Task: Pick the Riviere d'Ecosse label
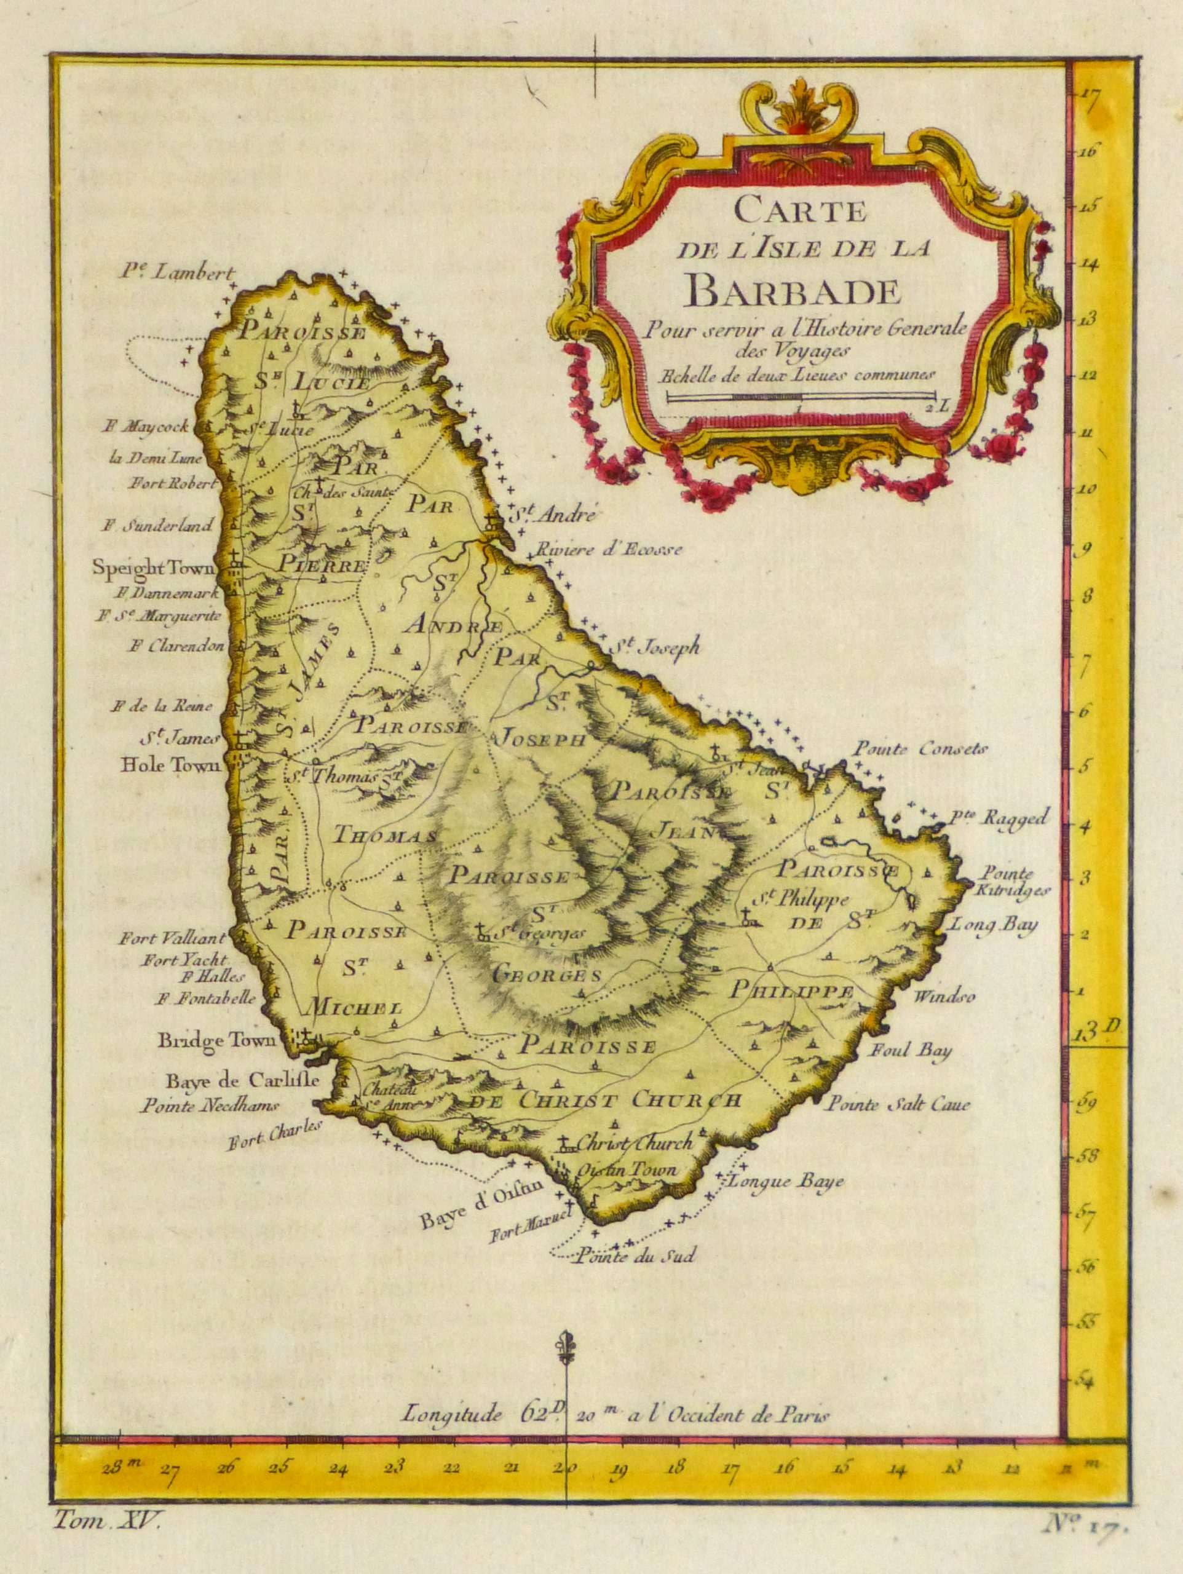[610, 548]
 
